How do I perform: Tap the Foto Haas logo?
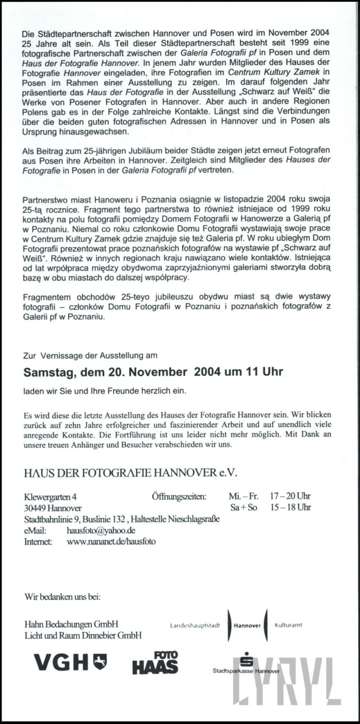(155, 662)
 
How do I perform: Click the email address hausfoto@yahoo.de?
(101, 530)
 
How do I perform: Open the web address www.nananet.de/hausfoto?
(111, 541)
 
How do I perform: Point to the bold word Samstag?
(49, 372)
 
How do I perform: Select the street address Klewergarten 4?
(50, 496)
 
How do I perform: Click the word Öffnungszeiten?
(179, 496)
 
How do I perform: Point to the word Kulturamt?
(288, 625)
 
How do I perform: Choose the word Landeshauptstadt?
(195, 626)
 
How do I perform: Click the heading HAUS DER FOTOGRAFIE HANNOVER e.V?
(131, 473)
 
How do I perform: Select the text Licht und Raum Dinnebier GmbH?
(83, 635)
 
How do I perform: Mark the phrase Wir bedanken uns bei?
(62, 596)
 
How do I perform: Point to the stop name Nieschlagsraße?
(194, 519)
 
